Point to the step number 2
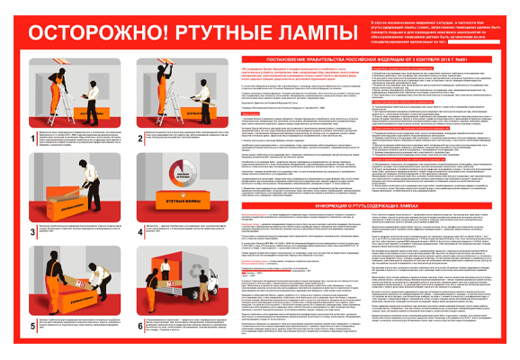click(136, 134)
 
